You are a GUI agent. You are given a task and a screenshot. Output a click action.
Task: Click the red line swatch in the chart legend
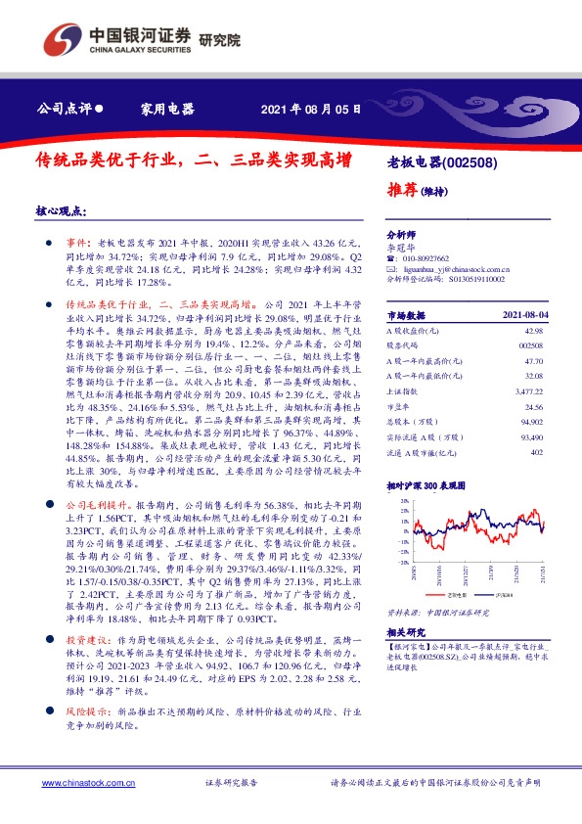coord(439,593)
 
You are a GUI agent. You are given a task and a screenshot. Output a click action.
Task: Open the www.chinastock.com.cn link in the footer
coord(81,784)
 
